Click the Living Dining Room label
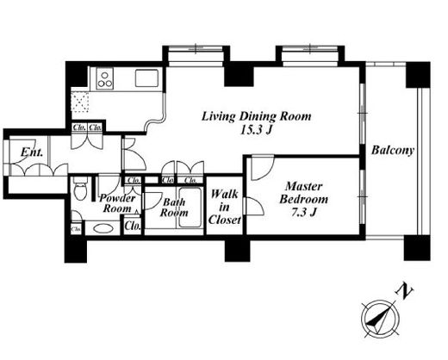click(x=256, y=116)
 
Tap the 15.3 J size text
click(x=256, y=131)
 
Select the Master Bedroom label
click(x=303, y=193)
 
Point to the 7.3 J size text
click(x=304, y=213)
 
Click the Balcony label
click(x=393, y=150)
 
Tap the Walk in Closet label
click(x=225, y=207)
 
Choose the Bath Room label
click(x=174, y=208)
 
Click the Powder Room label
click(x=117, y=203)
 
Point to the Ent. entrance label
click(x=32, y=152)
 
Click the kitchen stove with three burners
click(x=104, y=78)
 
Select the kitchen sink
click(x=146, y=78)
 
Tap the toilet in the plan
click(x=80, y=189)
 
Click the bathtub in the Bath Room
click(x=190, y=208)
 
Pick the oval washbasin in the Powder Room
click(x=103, y=229)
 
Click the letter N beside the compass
click(x=404, y=292)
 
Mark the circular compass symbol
click(x=381, y=319)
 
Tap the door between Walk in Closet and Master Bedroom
click(x=253, y=206)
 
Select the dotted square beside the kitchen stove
click(x=80, y=102)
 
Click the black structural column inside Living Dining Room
click(x=239, y=76)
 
